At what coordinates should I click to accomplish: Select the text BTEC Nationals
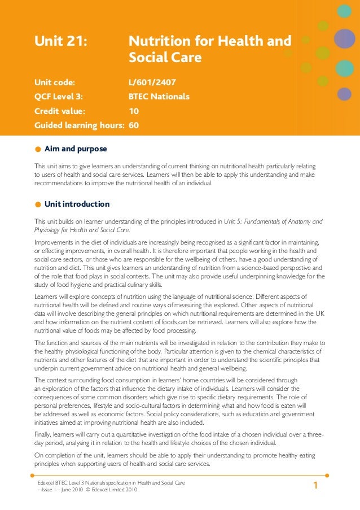(159, 97)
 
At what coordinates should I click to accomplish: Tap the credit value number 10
(134, 111)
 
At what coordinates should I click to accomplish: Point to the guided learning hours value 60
(134, 125)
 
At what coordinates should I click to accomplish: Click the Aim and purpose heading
(76, 149)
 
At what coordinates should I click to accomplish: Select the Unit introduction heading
(77, 204)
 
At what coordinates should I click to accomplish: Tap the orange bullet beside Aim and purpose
(37, 150)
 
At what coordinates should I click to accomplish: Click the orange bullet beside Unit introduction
(37, 204)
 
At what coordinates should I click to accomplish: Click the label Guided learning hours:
(80, 125)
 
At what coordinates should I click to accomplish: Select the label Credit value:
(60, 111)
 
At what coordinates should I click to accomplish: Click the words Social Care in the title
(165, 58)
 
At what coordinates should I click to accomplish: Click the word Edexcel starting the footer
(46, 483)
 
